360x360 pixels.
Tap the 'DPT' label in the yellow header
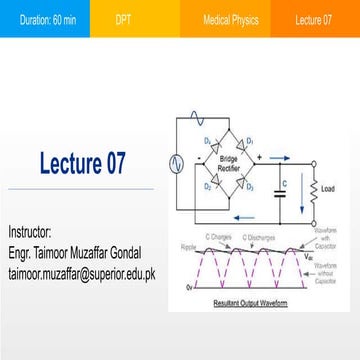[122, 19]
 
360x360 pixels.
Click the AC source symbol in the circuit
[177, 160]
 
